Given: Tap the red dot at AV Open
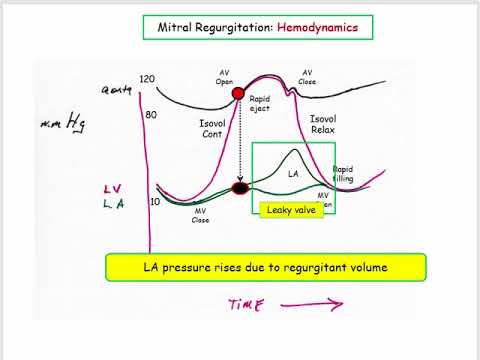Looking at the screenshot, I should [x=239, y=95].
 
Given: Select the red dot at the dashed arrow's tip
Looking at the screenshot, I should [x=240, y=188].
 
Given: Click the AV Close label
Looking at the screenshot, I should [x=307, y=78].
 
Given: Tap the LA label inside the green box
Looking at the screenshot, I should [x=293, y=174].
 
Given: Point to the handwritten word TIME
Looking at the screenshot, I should [x=241, y=305].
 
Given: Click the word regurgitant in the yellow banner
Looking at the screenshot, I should [x=317, y=267].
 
